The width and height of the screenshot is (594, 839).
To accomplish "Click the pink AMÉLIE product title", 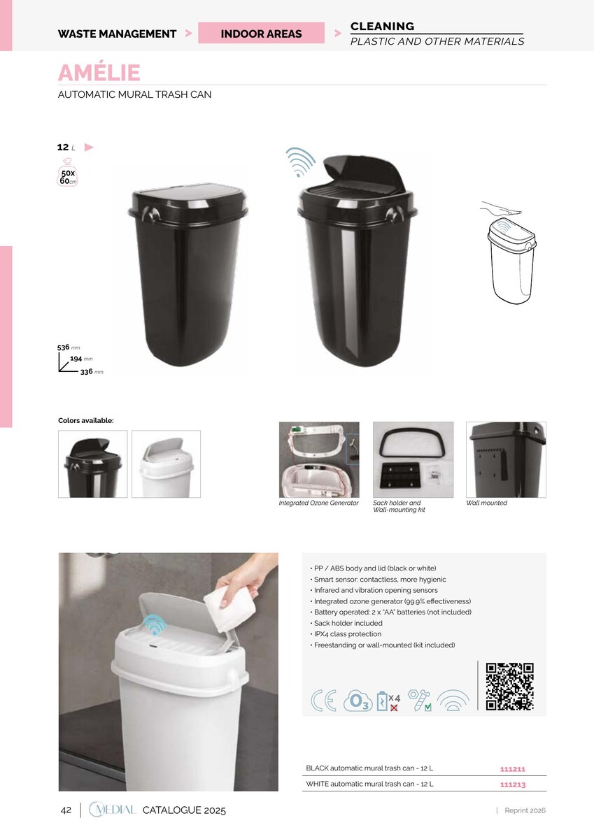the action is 99,72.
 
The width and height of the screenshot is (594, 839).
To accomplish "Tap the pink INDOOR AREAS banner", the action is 261,33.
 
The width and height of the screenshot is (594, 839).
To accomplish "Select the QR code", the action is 509,686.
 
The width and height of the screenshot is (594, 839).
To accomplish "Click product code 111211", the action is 513,769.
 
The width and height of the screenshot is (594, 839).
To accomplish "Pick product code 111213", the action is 513,784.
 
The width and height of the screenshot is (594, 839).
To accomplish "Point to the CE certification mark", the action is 323,700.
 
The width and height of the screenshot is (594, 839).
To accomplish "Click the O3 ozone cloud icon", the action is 358,701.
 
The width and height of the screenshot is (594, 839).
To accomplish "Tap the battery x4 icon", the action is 388,701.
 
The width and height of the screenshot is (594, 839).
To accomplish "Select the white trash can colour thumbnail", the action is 166,464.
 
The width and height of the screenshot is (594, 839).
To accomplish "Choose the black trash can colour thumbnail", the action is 92,464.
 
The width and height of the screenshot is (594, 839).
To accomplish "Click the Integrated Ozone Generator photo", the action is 319,459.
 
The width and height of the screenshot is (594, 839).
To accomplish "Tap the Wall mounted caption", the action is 486,503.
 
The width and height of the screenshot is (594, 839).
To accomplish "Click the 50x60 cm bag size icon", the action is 67,173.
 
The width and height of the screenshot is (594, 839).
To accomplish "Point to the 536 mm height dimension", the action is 69,347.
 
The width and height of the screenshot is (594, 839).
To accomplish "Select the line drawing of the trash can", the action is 509,253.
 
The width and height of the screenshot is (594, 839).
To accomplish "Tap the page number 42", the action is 66,810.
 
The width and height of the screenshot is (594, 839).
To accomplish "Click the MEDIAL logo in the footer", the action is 113,810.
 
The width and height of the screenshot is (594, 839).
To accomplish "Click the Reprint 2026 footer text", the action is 525,810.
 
